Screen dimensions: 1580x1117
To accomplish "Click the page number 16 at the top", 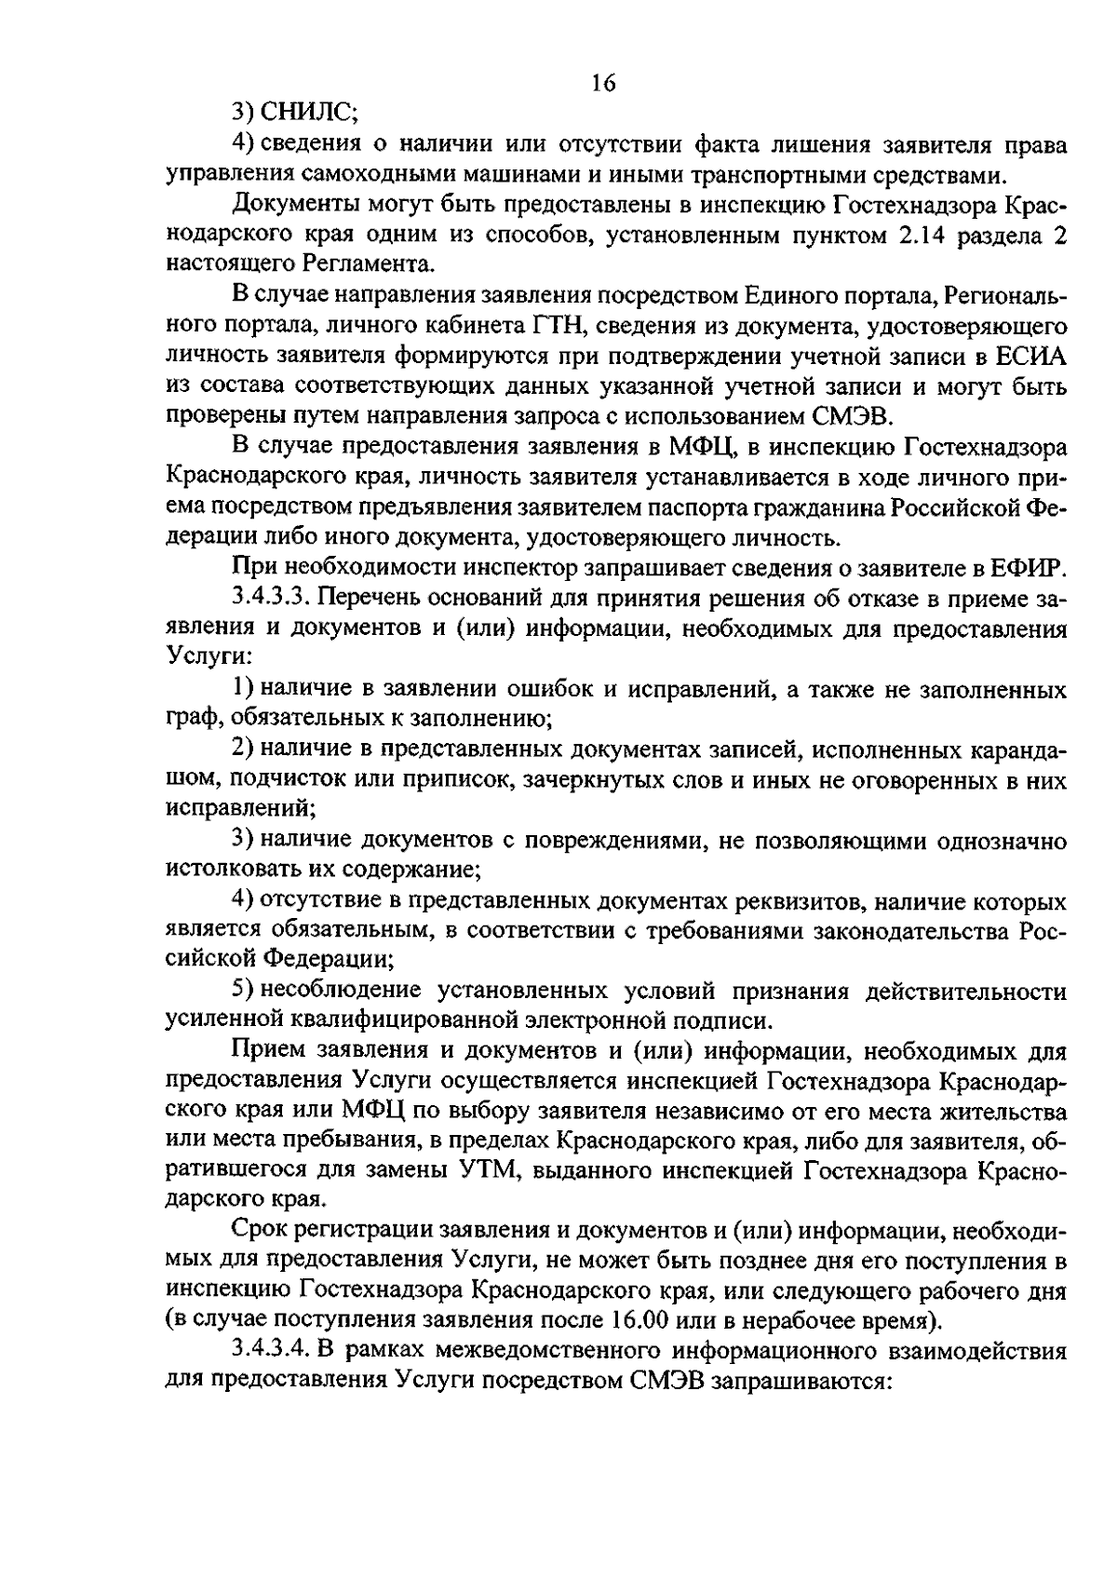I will (x=603, y=83).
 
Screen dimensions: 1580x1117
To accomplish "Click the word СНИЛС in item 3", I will (x=307, y=114).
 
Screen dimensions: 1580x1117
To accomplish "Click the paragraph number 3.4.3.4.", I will (x=273, y=1351).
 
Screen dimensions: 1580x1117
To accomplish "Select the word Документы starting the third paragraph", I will (x=289, y=204).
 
